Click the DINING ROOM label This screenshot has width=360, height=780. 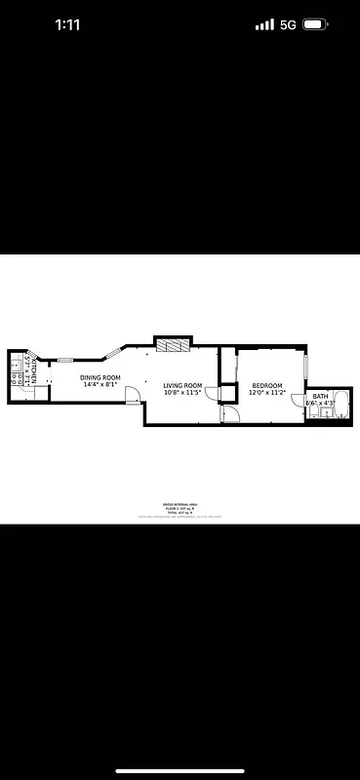[100, 377]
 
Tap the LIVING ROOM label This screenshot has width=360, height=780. [182, 386]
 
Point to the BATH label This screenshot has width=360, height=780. [320, 396]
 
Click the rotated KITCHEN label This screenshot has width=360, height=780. [33, 371]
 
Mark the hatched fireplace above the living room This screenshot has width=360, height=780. [171, 345]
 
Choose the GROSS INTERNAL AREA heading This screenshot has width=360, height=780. [180, 504]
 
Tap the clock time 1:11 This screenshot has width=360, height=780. [67, 25]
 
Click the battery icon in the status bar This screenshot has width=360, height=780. [316, 25]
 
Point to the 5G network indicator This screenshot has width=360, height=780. [288, 25]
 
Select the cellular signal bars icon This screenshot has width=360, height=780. [264, 25]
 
